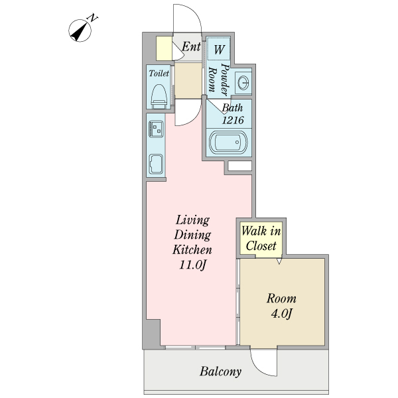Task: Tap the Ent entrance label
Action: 191,47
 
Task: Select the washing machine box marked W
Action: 218,48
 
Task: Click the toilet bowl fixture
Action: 158,95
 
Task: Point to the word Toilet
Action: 159,73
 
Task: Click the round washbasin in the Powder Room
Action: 243,83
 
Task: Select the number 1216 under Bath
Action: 233,120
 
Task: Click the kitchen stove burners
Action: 157,128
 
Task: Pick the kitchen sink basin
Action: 157,163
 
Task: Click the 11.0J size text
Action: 192,265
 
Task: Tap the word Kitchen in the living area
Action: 192,250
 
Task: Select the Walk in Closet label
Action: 261,238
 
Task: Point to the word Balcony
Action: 221,371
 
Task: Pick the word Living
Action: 192,220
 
